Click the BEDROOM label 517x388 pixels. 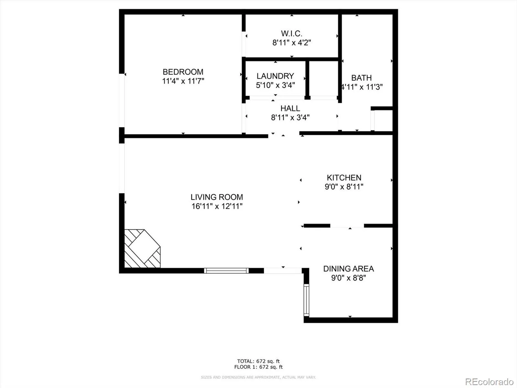(183, 72)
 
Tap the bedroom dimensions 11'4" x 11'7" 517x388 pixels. (183, 81)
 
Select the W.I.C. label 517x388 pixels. (291, 33)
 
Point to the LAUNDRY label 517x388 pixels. (275, 76)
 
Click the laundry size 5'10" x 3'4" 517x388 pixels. (275, 85)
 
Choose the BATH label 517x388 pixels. (361, 78)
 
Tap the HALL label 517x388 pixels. (290, 108)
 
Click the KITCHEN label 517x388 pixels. (344, 178)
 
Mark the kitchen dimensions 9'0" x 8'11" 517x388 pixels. (344, 187)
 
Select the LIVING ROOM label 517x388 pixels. (216, 197)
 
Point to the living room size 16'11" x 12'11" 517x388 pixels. (216, 206)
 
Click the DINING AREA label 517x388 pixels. (348, 269)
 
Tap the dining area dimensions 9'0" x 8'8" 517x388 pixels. (348, 278)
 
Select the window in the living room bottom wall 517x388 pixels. (226, 271)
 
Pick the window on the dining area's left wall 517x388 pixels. (306, 300)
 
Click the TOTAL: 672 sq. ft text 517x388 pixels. (258, 361)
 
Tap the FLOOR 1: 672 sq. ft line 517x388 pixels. (258, 367)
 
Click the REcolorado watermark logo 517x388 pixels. (489, 382)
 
